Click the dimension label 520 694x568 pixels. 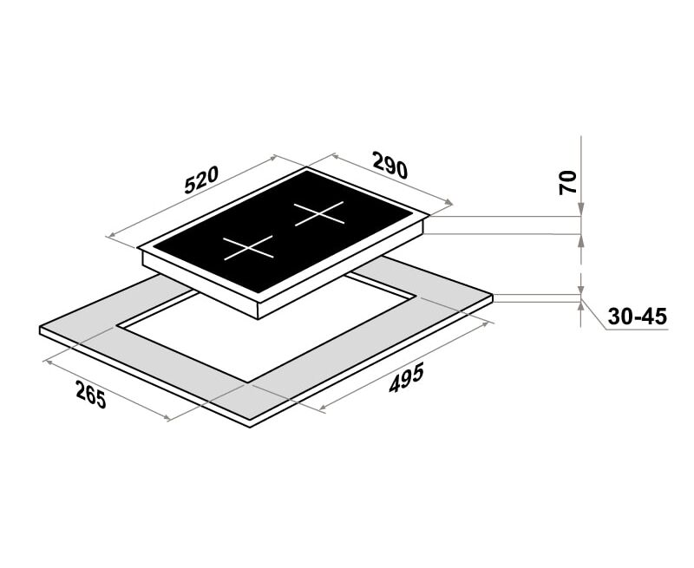pos(201,180)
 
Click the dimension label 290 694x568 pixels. pos(390,165)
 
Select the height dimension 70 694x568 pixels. pos(568,182)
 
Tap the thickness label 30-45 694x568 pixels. pos(637,317)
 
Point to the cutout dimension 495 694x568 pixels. pos(407,377)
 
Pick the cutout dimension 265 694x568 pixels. pos(91,395)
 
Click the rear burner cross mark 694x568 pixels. pos(319,213)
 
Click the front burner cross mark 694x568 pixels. pos(248,248)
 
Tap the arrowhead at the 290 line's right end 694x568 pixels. pos(448,203)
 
